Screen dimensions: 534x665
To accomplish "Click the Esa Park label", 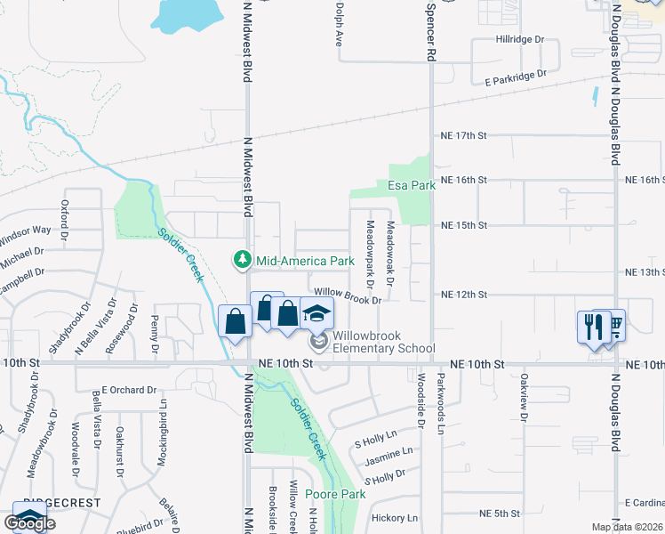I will (411, 186).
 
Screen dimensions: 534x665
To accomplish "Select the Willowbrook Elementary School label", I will (383, 342).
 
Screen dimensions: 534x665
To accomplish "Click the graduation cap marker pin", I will (316, 315).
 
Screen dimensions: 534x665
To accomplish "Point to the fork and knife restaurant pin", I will (591, 326).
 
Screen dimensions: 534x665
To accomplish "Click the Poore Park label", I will (335, 494).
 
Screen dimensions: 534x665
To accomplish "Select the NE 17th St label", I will (465, 135).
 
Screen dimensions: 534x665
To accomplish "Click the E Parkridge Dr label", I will (515, 79).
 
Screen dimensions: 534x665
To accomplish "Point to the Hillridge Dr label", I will (519, 40).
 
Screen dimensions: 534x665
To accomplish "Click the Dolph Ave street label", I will (339, 23).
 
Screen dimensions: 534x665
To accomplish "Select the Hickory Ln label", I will (395, 517).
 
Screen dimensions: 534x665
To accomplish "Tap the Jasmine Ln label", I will (389, 462).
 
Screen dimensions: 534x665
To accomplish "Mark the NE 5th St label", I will (499, 514).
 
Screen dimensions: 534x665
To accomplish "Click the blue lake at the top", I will (186, 12).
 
